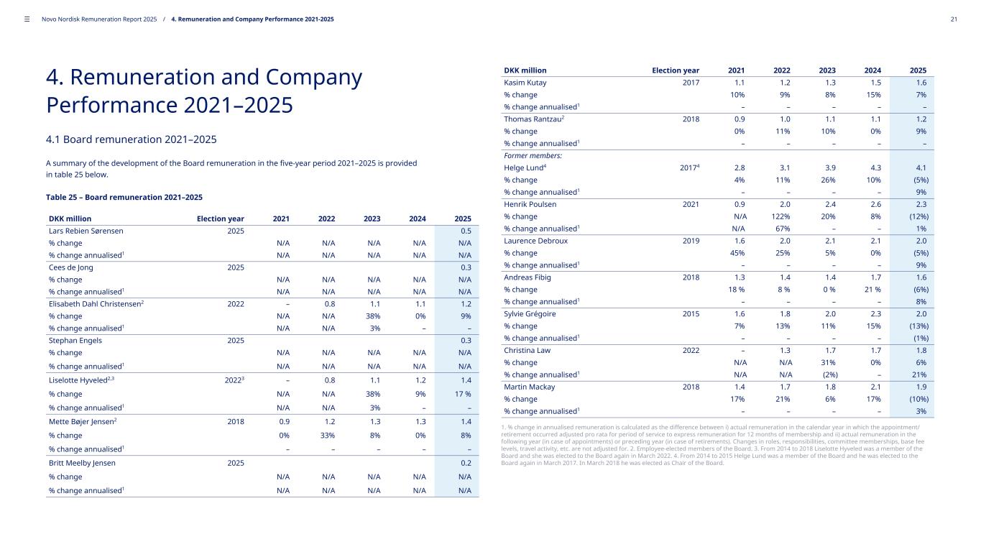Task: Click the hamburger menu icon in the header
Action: pyautogui.click(x=27, y=19)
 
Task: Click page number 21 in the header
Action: pyautogui.click(x=953, y=19)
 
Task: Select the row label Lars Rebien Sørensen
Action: pyautogui.click(x=86, y=231)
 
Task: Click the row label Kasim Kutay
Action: pyautogui.click(x=525, y=83)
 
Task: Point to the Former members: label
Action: pyautogui.click(x=533, y=156)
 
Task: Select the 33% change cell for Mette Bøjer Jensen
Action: pyautogui.click(x=328, y=435)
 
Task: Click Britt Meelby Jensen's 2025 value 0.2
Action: pyautogui.click(x=465, y=463)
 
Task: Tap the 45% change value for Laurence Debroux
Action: pyautogui.click(x=737, y=253)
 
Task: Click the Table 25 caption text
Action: pyautogui.click(x=124, y=197)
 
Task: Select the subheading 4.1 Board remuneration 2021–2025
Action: pyautogui.click(x=132, y=139)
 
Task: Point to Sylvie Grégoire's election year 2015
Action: pyautogui.click(x=690, y=314)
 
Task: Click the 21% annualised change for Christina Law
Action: pyautogui.click(x=918, y=375)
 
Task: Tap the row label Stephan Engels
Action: pyautogui.click(x=75, y=340)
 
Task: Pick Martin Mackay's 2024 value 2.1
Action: pyautogui.click(x=874, y=387)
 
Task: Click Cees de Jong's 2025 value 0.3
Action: pyautogui.click(x=465, y=267)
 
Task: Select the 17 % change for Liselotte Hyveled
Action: pyautogui.click(x=461, y=394)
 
